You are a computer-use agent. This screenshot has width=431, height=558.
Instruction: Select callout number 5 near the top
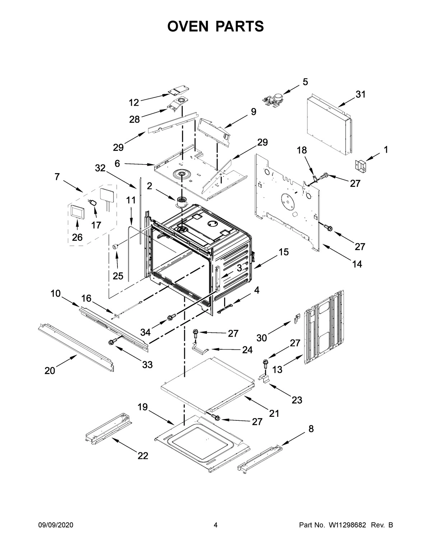coord(305,82)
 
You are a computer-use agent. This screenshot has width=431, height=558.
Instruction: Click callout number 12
coord(134,103)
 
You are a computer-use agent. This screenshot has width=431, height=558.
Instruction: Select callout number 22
coord(143,456)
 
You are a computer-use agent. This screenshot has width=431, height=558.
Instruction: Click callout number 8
coord(311,429)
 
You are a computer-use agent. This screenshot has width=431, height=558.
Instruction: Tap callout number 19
coord(143,407)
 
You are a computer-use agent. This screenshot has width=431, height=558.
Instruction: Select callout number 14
coord(357,264)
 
